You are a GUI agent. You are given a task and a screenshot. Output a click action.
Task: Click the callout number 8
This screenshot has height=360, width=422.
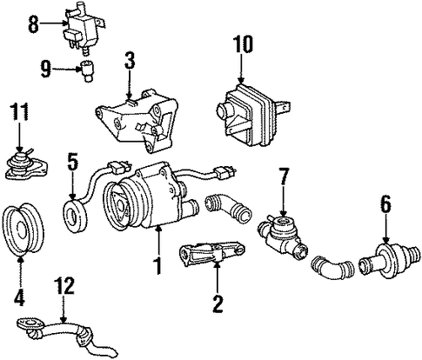(x=33, y=24)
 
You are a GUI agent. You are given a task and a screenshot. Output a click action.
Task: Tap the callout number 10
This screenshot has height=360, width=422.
(x=244, y=44)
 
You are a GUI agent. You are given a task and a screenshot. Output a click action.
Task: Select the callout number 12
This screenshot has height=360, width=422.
(x=65, y=285)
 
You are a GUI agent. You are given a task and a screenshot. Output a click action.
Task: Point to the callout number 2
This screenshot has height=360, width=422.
(x=218, y=304)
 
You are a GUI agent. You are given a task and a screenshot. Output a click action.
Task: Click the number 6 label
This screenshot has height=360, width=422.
(x=385, y=204)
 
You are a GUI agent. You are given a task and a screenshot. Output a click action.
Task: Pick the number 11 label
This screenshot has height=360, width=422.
(x=19, y=112)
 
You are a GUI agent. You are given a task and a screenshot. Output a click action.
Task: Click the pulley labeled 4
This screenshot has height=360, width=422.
(x=23, y=230)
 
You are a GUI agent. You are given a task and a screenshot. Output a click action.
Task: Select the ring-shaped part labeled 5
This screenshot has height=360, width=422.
(x=76, y=215)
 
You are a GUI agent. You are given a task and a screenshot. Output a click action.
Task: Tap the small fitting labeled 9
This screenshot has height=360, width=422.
(x=85, y=71)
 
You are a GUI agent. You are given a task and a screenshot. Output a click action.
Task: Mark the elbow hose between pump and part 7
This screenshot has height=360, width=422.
(x=228, y=208)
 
